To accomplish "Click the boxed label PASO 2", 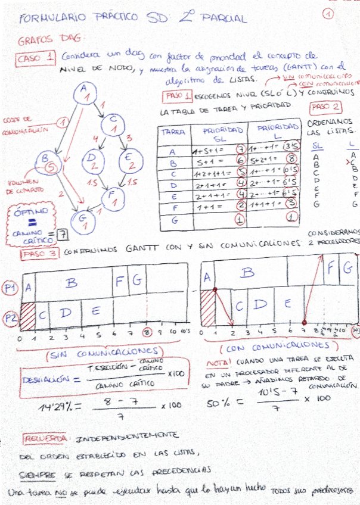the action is tap(325, 107).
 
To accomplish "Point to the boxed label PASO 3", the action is tap(39, 253).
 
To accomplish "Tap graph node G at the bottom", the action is tap(84, 221).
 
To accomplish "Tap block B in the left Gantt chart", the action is tap(72, 284).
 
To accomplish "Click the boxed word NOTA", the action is tap(216, 363).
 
